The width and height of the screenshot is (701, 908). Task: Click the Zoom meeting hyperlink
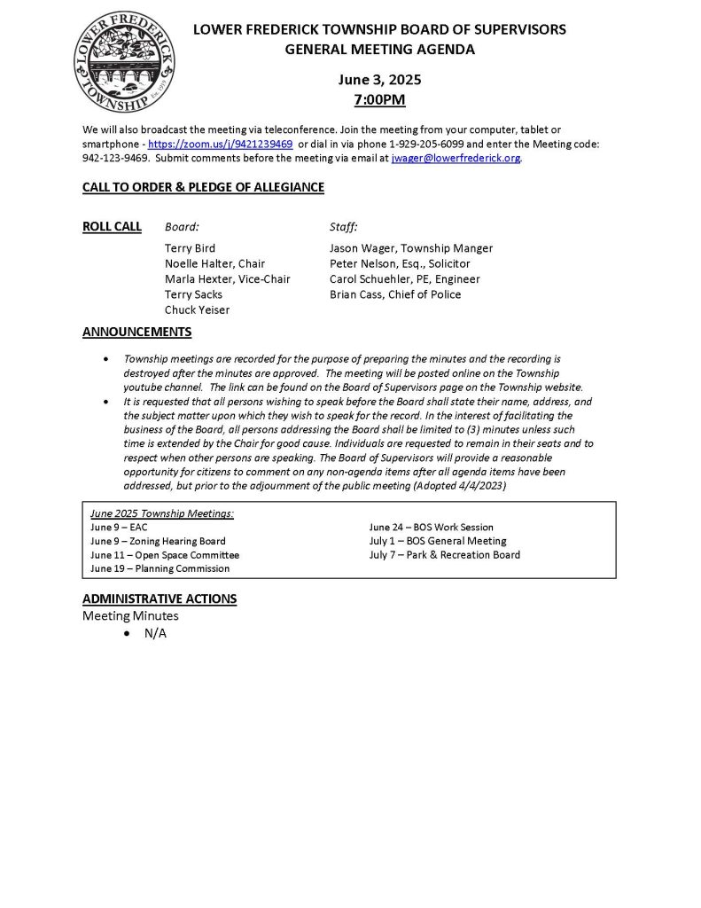coord(221,144)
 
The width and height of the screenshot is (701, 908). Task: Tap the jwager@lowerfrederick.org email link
coord(456,158)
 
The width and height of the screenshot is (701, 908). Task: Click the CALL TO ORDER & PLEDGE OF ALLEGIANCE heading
coord(203,187)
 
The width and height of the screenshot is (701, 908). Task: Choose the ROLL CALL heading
coord(112,226)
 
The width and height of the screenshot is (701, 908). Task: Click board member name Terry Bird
coord(190,248)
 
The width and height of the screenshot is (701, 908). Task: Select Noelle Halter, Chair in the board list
coord(214,263)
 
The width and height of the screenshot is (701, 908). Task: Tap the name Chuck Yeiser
coord(197,309)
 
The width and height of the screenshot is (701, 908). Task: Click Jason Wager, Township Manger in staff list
coord(410,248)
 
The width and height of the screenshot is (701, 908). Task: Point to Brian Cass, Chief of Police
coord(395,294)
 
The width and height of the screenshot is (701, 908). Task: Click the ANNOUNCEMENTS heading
coord(136,333)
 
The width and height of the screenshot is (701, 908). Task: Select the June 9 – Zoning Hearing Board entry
coord(158,541)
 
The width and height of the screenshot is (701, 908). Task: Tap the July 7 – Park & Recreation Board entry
coord(444,555)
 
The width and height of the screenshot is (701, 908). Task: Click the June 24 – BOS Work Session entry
coord(431,527)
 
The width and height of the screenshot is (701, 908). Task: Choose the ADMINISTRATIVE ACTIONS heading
coord(160,599)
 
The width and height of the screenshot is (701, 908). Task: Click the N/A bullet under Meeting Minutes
coord(155,633)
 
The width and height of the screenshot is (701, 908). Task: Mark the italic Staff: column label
coord(343,226)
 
